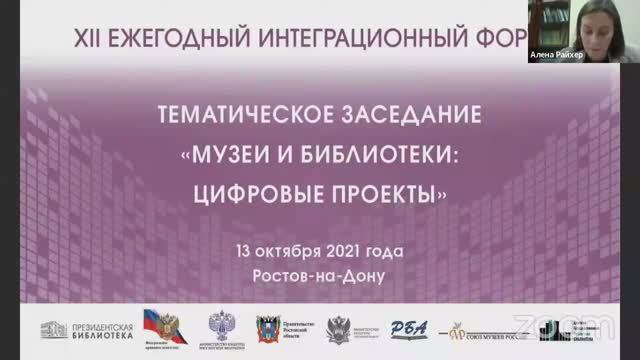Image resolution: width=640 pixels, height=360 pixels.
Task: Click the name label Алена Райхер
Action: (x=555, y=58)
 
